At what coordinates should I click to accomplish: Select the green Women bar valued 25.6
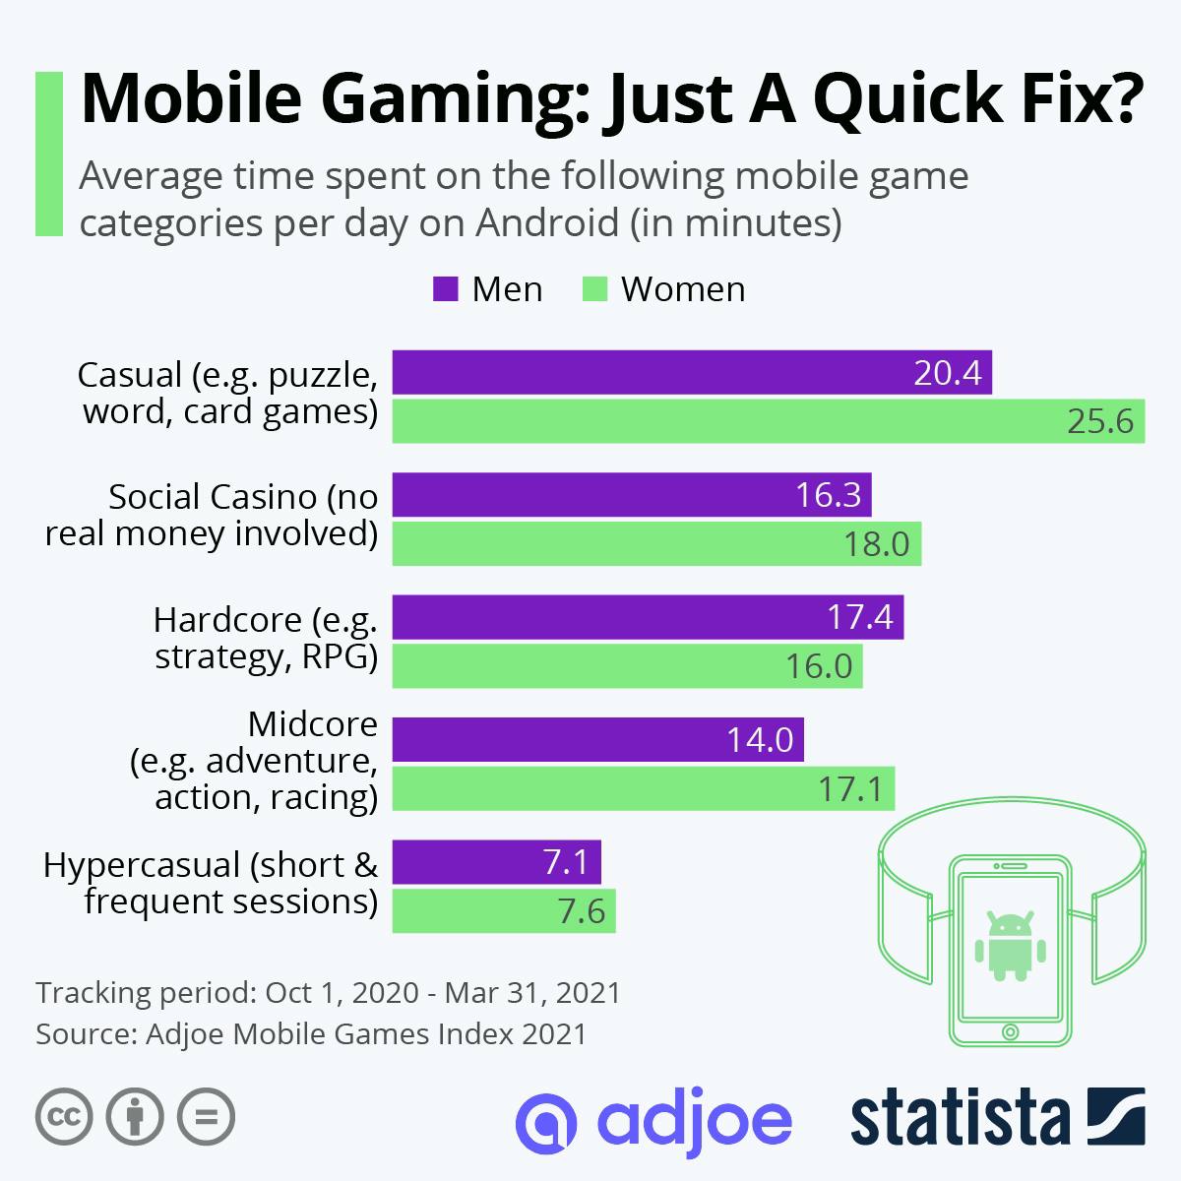pos(768,421)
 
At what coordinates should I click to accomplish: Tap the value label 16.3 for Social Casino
pos(828,495)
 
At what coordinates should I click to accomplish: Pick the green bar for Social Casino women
pos(656,544)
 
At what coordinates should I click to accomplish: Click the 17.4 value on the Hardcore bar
pos(859,617)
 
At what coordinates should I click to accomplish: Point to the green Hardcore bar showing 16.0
pos(627,666)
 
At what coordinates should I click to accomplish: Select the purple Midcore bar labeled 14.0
pos(597,739)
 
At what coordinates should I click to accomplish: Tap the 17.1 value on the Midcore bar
pos(850,788)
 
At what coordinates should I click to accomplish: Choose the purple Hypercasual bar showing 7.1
pos(496,862)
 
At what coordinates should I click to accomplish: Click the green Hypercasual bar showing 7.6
pos(503,911)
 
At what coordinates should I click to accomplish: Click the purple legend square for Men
pos(445,289)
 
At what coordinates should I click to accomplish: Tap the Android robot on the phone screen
pos(1009,946)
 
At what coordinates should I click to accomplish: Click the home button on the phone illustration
pos(1009,1031)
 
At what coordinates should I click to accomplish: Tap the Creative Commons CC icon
pos(64,1117)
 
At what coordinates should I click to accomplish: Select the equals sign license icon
pos(206,1117)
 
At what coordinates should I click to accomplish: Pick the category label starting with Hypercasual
pos(211,883)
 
